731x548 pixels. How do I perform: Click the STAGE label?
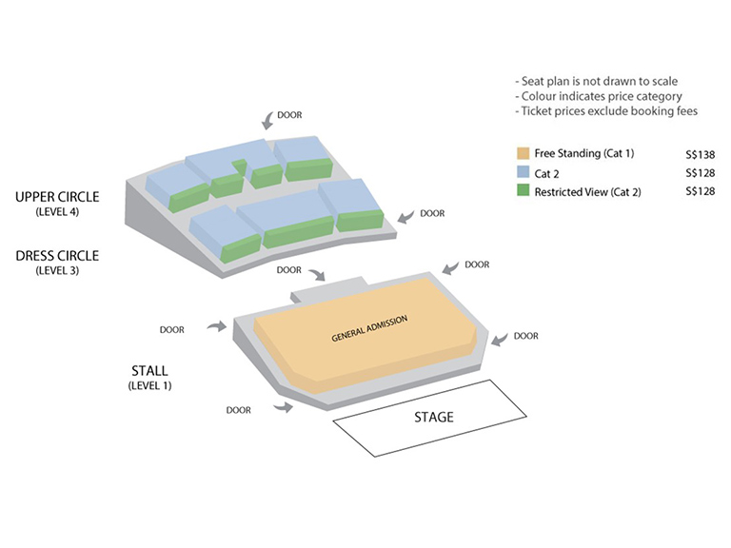(434, 417)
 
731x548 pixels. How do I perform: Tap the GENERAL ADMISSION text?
(369, 328)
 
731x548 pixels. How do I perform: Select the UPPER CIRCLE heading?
(57, 197)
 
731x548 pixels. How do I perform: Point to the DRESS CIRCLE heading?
(57, 256)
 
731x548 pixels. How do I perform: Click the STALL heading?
(149, 370)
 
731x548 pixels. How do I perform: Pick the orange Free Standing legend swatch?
(524, 153)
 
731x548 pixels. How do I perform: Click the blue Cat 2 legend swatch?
(524, 172)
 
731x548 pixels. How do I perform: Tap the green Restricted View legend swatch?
(524, 190)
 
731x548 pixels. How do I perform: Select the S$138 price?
(700, 154)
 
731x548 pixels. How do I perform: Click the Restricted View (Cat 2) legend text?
(587, 192)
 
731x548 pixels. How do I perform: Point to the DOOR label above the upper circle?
(289, 114)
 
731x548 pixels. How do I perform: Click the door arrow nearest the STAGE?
(283, 408)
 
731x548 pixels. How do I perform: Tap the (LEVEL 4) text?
(57, 212)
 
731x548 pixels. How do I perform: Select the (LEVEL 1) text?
(149, 386)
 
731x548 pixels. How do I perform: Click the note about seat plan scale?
(596, 81)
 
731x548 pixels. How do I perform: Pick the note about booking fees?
(606, 111)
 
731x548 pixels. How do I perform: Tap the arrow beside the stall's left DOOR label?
(217, 326)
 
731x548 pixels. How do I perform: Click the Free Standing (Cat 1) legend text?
(584, 153)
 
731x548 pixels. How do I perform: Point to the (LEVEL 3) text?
(57, 271)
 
